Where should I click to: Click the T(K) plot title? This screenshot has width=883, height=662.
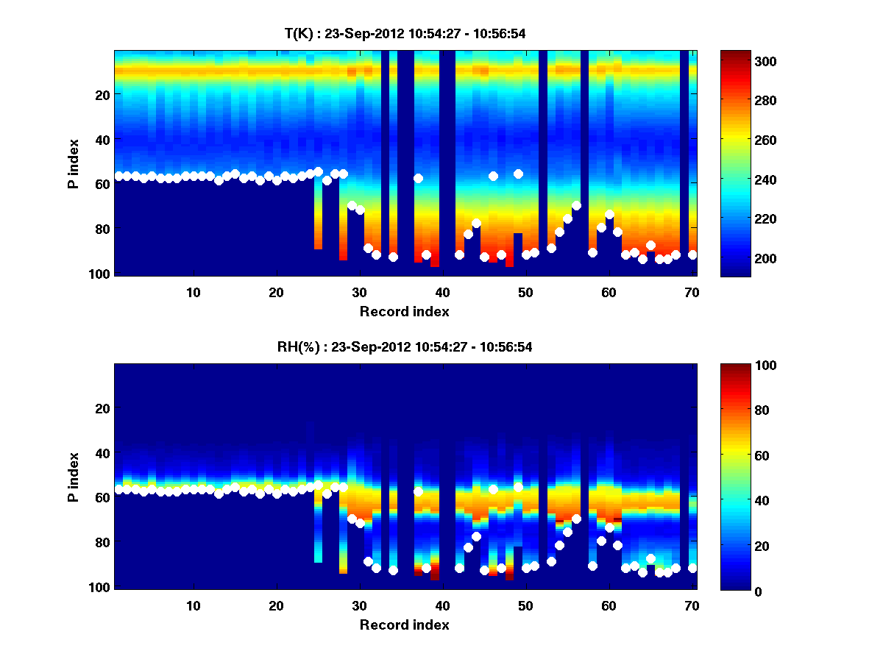pos(405,33)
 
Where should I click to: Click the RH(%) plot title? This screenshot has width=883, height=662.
pos(405,347)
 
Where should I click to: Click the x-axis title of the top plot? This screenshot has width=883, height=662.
pos(405,311)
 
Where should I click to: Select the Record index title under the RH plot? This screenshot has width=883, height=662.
pos(405,624)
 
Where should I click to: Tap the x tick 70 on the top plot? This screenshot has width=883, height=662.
pos(692,292)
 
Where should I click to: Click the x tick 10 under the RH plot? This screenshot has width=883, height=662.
pos(194,605)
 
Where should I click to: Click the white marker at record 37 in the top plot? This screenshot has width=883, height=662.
pos(418,178)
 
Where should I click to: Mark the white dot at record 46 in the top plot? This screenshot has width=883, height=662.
pos(493,176)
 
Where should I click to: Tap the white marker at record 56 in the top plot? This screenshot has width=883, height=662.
pos(576,205)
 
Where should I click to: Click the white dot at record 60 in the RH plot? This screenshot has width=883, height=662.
pos(609,527)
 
